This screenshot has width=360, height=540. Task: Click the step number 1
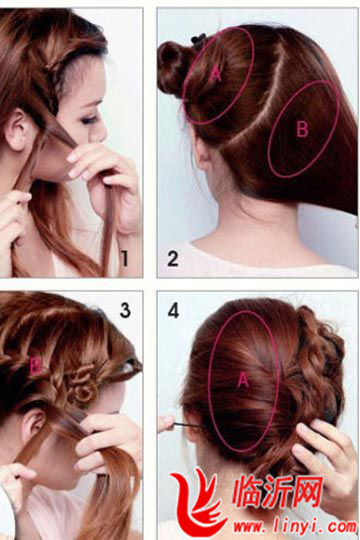point(125,258)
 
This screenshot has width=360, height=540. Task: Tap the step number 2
point(173,259)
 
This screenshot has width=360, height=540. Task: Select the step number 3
point(125,310)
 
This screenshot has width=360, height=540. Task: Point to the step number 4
point(173,310)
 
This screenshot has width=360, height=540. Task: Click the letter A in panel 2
point(216,74)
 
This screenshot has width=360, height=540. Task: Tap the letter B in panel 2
point(302,129)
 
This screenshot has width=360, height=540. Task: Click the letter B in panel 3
point(35,366)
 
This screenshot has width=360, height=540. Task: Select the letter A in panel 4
point(243,380)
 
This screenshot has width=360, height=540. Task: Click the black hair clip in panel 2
point(199,41)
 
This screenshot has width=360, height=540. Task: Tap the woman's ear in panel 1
point(17,129)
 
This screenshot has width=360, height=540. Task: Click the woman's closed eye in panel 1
point(90,120)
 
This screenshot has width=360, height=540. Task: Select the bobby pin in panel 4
point(189,426)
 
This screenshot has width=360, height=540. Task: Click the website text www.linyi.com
point(295,527)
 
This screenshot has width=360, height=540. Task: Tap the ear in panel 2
point(203,152)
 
